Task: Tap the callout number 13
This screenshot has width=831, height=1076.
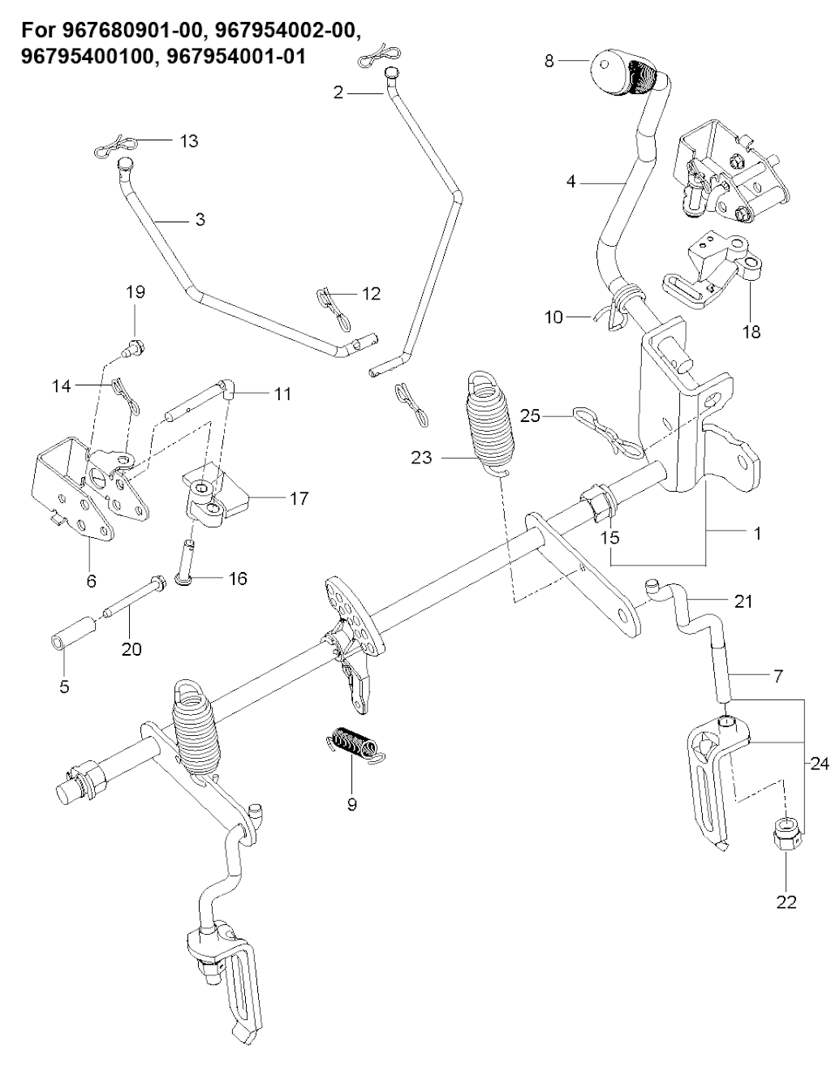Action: [x=188, y=141]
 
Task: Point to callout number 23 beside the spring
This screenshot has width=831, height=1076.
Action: [x=422, y=458]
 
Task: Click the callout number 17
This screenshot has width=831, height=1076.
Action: [x=299, y=498]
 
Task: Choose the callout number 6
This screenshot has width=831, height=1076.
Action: [x=91, y=580]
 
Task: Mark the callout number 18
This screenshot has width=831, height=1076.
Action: [x=751, y=331]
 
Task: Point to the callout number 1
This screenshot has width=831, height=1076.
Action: [x=758, y=534]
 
